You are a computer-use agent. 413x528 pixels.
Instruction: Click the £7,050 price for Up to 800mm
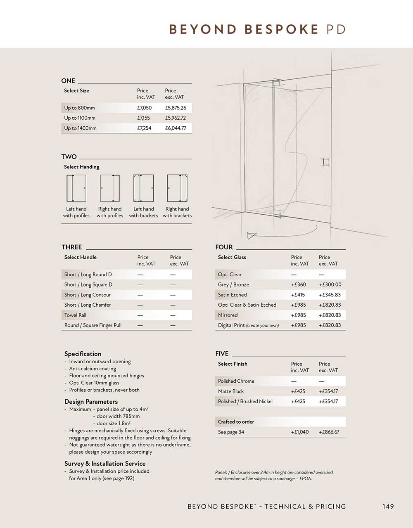click(x=144, y=108)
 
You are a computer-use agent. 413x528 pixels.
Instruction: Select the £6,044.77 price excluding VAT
click(x=176, y=128)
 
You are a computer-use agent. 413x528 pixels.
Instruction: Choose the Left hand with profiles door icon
click(x=76, y=188)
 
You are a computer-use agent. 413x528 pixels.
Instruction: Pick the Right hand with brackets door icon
click(x=177, y=188)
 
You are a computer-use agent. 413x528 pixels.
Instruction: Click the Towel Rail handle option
click(x=75, y=315)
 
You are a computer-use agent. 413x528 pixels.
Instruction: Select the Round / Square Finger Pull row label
click(x=93, y=325)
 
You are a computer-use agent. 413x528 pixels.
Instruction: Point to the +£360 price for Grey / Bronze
click(x=299, y=284)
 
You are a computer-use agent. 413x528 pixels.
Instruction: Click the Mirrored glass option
click(x=228, y=315)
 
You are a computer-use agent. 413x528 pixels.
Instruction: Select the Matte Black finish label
click(x=231, y=391)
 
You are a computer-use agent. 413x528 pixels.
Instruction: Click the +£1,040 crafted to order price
click(x=300, y=432)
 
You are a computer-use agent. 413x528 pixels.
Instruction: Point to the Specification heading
click(x=83, y=354)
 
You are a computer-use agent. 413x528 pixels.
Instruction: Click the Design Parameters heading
click(x=91, y=402)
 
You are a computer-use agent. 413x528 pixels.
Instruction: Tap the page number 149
click(x=388, y=507)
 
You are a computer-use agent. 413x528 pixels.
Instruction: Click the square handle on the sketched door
click(x=326, y=161)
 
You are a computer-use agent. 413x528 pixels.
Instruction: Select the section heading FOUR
click(x=224, y=247)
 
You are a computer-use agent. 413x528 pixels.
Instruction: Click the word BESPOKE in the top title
click(x=282, y=30)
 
